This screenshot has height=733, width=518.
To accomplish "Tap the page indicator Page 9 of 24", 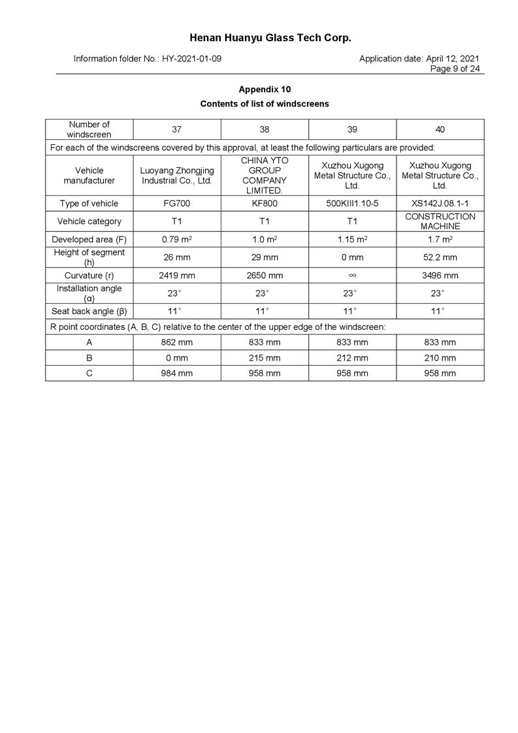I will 455,69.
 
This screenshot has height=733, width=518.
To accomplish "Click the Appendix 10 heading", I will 264,89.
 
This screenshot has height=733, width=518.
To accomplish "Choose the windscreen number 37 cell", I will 176,129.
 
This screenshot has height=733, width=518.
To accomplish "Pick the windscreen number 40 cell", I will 440,129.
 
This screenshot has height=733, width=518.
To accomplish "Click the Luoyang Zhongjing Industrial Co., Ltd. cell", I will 176,175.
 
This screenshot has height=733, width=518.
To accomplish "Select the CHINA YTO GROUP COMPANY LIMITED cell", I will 265,175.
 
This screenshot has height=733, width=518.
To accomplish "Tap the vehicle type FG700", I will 176,203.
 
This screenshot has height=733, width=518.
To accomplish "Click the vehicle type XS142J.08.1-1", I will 440,203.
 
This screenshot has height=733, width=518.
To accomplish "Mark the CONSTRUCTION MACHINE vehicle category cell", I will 440,221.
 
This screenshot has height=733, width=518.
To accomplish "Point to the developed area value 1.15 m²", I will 352,239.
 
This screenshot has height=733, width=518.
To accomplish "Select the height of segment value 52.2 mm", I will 440,257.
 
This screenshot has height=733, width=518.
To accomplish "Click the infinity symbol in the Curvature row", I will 352,275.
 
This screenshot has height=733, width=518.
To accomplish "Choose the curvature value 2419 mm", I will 176,275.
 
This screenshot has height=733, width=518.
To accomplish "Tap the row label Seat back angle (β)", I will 89,311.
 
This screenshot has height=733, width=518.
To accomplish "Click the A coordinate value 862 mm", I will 176,342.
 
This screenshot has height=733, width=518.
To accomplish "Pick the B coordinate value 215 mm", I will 265,357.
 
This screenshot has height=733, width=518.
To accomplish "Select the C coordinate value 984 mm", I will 176,373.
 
